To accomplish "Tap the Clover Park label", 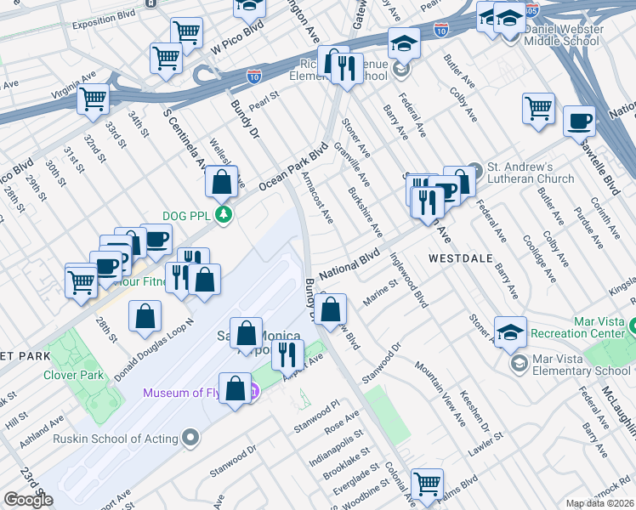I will [x=76, y=375].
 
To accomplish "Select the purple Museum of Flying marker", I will [x=253, y=392].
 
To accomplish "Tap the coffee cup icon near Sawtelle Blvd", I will [x=579, y=121].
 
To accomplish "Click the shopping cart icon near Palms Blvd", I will [x=427, y=484].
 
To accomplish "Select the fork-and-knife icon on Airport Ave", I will [x=288, y=353].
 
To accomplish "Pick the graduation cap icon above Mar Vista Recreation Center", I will [x=510, y=332].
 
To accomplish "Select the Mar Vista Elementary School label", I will [x=582, y=371].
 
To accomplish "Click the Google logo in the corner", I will [x=28, y=500].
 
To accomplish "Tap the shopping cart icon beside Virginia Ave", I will [x=93, y=99].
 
